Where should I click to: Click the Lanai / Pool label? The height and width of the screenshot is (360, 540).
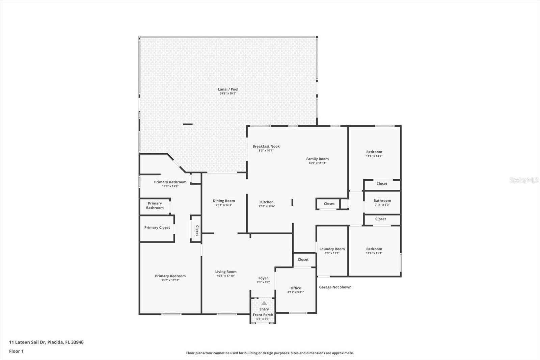[x=228, y=89]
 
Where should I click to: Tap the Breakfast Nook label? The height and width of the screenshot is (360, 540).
[x=266, y=147]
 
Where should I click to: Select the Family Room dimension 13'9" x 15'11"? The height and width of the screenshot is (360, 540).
[x=317, y=163]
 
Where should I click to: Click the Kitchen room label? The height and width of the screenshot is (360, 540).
[x=267, y=202]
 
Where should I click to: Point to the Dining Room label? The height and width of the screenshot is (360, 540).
[x=224, y=201]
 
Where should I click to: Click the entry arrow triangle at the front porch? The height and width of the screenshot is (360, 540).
[x=264, y=303]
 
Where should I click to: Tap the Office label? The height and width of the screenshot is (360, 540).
[x=296, y=288]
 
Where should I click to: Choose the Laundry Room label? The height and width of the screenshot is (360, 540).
[x=332, y=249]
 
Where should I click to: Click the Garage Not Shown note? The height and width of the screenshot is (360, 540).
[x=335, y=287]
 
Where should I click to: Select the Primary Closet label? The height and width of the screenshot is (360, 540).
[x=157, y=228]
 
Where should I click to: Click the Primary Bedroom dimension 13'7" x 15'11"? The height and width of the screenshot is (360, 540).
[x=170, y=280]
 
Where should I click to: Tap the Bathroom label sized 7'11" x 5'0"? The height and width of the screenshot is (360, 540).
[x=382, y=201]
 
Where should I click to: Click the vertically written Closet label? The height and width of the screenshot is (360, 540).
[x=197, y=230]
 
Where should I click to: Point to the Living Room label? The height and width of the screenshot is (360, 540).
[x=226, y=272]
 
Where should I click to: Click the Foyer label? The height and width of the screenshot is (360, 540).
[x=263, y=278]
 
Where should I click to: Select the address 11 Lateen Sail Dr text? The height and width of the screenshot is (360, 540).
[x=46, y=342]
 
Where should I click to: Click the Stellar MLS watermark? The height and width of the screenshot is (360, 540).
[x=524, y=180]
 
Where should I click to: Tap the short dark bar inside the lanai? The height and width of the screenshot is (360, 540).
[x=188, y=124]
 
